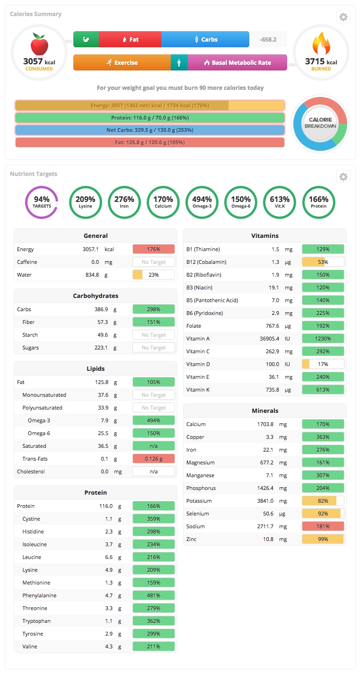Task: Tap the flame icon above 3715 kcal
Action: [321, 44]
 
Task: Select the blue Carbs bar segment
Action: [205, 39]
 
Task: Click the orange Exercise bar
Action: [122, 62]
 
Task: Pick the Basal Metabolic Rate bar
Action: [237, 62]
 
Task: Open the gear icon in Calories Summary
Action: [343, 17]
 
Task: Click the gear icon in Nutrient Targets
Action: [343, 177]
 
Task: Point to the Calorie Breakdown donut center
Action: [320, 123]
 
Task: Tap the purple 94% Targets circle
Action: [42, 202]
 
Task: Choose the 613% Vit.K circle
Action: [280, 202]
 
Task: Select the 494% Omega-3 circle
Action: [202, 202]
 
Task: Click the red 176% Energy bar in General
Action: [154, 249]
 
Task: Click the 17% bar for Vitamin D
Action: [323, 364]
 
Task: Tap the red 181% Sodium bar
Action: [323, 526]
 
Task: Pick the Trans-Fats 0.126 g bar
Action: [154, 459]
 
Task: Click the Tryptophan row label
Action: [36, 621]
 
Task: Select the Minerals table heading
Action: [265, 411]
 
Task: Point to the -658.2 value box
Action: [268, 39]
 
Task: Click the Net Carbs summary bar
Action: [149, 130]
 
